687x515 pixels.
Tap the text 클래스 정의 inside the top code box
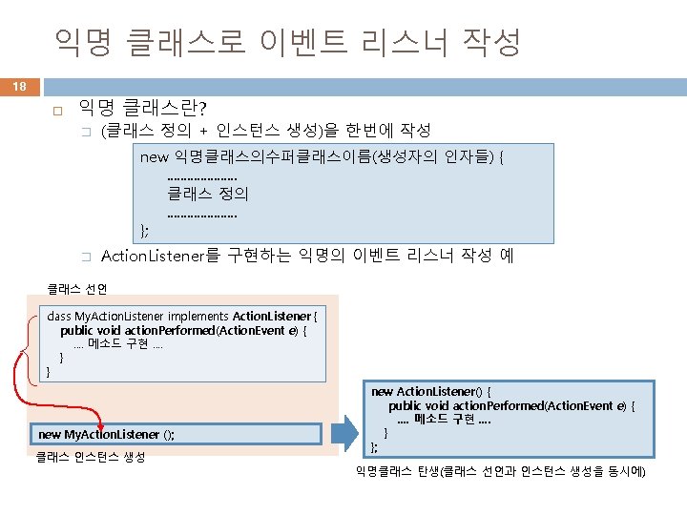coord(207,194)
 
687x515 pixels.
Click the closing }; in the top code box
coord(145,228)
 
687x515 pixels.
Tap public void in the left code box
coord(90,330)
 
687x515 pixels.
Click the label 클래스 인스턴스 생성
coord(90,458)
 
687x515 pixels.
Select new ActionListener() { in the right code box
coord(430,391)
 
